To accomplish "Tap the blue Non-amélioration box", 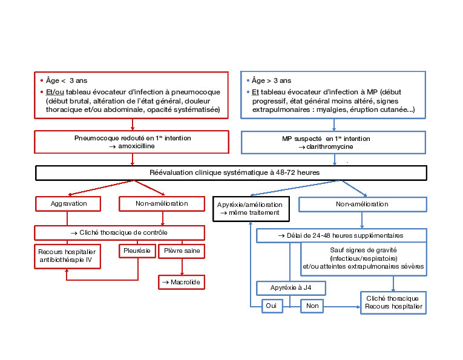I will (x=362, y=205).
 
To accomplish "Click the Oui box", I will (x=271, y=306).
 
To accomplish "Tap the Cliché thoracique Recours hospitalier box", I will (x=393, y=303).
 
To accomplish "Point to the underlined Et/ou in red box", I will (x=56, y=92).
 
